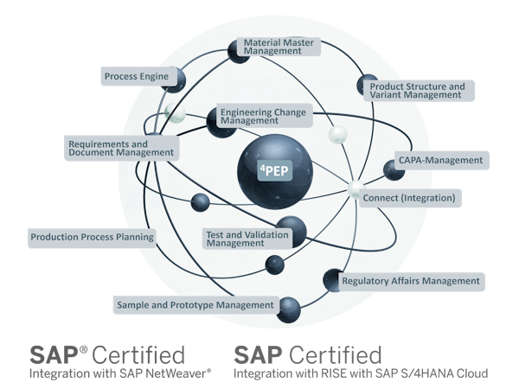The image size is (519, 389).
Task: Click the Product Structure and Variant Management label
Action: (417, 91)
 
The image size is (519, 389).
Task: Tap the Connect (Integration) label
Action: (410, 198)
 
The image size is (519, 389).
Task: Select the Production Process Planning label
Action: (92, 236)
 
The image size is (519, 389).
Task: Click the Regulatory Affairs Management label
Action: (410, 281)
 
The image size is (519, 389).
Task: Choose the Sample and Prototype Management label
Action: (195, 304)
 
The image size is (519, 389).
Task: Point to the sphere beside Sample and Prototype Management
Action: (288, 304)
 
